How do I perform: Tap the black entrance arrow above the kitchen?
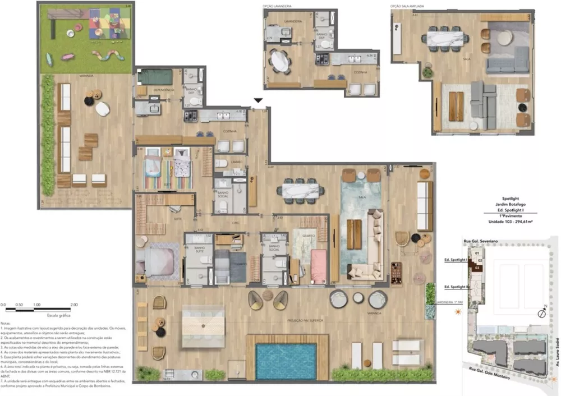[257, 101]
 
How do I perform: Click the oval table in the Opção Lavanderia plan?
[279, 60]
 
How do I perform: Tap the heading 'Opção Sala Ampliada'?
[408, 7]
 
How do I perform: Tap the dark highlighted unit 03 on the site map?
[477, 268]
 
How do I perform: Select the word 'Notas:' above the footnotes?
[6, 324]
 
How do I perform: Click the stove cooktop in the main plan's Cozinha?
[191, 116]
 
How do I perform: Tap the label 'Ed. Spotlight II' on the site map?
[456, 287]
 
